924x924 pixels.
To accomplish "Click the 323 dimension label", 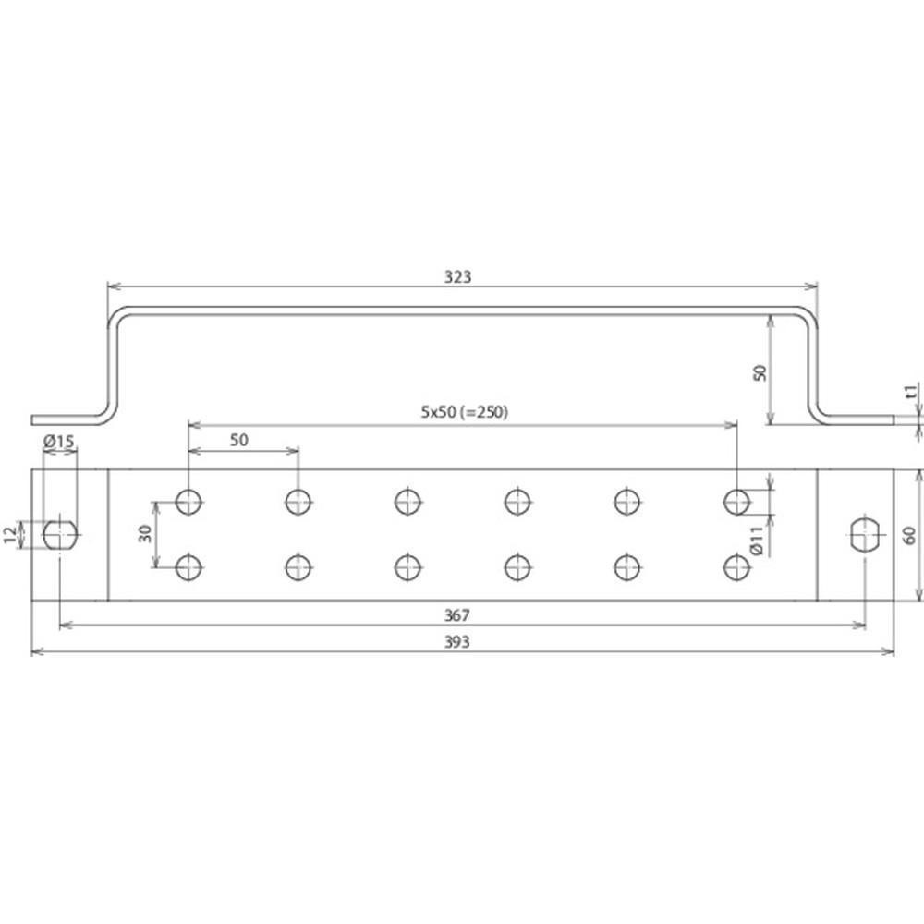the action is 458,276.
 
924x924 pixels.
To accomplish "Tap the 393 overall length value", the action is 456,642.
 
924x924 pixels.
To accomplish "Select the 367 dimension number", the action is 456,615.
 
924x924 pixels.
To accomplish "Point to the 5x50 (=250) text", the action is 465,412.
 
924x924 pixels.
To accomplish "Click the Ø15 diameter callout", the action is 59,440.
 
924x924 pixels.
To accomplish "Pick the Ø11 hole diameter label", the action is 758,541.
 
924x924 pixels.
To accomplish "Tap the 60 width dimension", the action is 910,535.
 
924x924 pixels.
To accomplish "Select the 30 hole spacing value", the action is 146,533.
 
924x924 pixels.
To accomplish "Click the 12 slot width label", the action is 10,535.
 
